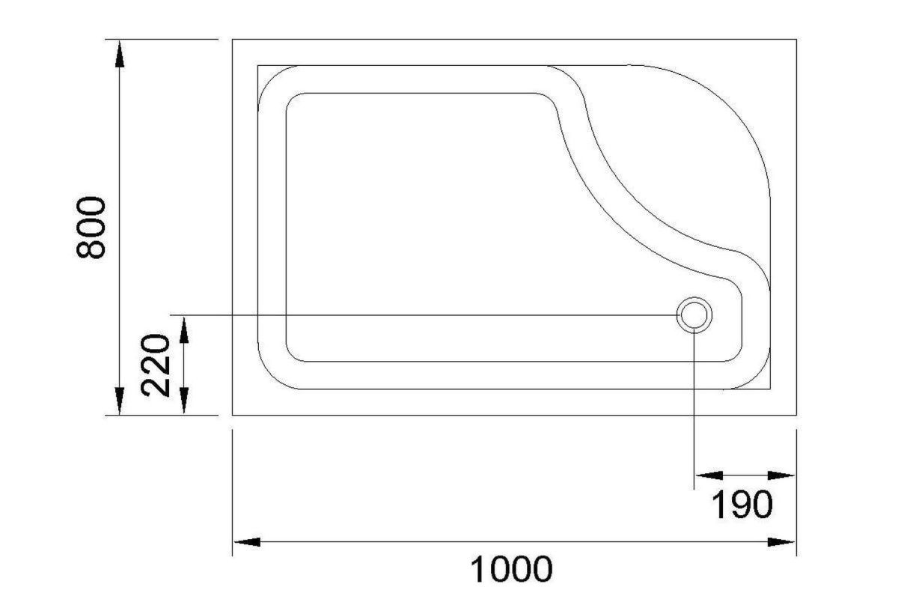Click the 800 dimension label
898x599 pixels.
pyautogui.click(x=91, y=227)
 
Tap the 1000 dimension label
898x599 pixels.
pyautogui.click(x=511, y=569)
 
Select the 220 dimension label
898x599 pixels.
pyautogui.click(x=156, y=365)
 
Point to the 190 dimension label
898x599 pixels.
pyautogui.click(x=742, y=505)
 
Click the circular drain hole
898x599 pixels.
pyautogui.click(x=694, y=315)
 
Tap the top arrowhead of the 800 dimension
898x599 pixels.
pyautogui.click(x=120, y=53)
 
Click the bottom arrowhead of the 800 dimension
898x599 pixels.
pyautogui.click(x=120, y=401)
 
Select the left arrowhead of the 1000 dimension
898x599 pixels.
pyautogui.click(x=247, y=542)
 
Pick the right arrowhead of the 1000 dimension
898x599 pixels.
pyautogui.click(x=781, y=542)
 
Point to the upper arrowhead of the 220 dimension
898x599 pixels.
pyautogui.click(x=184, y=329)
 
